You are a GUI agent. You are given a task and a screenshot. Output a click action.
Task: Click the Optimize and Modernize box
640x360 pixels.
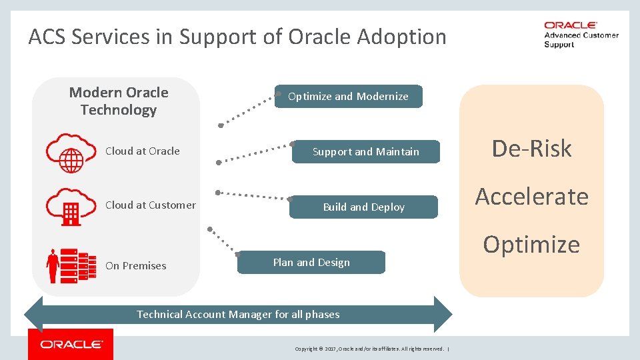click(348, 97)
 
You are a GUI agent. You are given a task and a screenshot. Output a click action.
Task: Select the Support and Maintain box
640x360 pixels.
click(366, 152)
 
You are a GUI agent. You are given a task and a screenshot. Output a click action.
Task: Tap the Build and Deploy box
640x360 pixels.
click(364, 207)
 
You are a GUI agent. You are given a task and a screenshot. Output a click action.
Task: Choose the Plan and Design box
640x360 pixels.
click(311, 263)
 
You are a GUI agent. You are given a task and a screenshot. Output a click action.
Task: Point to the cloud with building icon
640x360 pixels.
click(69, 206)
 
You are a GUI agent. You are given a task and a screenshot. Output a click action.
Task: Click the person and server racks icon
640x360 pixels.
click(69, 265)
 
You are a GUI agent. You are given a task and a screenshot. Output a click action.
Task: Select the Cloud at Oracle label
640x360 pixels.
click(143, 151)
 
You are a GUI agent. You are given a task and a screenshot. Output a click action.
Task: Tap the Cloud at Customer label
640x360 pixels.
click(151, 205)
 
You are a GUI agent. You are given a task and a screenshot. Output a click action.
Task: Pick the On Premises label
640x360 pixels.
click(136, 266)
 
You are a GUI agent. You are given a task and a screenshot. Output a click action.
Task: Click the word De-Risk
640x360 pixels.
click(531, 149)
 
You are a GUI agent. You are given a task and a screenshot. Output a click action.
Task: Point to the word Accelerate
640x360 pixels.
click(531, 197)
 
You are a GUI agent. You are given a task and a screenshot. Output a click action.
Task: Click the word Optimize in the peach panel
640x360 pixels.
click(531, 245)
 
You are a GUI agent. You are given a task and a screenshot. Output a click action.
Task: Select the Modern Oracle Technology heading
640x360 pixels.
click(119, 101)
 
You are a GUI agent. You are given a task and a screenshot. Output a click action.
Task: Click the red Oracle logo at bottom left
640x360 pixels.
click(71, 345)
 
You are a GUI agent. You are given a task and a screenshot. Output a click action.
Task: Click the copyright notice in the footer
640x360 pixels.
click(370, 349)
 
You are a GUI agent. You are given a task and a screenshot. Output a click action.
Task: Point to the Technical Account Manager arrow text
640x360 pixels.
click(238, 315)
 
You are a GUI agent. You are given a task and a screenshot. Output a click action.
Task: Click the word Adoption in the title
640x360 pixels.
click(402, 37)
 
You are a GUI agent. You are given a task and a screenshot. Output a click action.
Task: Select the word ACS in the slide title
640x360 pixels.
click(49, 37)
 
